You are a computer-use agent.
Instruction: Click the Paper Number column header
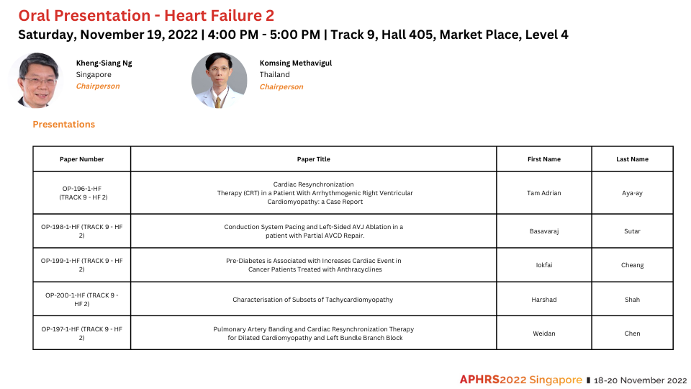pos(82,159)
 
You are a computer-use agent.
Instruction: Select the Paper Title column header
pos(313,159)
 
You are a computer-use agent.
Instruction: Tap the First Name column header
pos(544,159)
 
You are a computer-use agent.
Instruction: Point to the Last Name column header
pos(632,159)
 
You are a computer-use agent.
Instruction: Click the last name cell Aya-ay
pos(632,193)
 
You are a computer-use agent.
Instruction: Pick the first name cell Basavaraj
pos(544,231)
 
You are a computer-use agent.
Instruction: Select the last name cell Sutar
pos(632,231)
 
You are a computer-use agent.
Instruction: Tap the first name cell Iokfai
pos(544,265)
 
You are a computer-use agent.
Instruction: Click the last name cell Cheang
pos(632,265)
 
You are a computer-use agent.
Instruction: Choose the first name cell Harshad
pos(544,300)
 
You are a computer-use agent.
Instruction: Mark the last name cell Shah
pos(632,300)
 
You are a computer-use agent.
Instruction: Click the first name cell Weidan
pos(544,334)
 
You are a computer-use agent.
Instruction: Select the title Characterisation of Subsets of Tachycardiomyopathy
pos(313,300)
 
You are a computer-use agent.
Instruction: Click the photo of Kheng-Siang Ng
pos(37,80)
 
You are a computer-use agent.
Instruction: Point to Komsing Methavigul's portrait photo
pos(219,80)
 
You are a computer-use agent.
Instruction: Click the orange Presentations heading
pos(64,125)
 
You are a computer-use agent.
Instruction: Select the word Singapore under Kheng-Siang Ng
pos(94,74)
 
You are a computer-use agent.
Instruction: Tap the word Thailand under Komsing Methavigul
pos(274,74)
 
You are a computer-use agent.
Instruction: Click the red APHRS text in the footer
pos(479,380)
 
